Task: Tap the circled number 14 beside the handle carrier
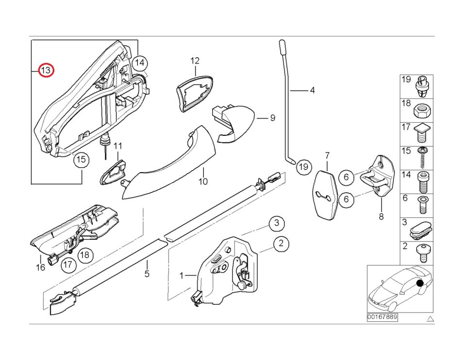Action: (140, 63)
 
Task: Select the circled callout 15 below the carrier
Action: (81, 160)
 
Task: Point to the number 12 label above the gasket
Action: (195, 61)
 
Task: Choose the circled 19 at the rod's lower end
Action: (303, 166)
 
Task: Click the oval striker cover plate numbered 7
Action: (326, 195)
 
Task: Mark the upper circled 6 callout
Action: (346, 177)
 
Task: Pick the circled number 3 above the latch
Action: (277, 223)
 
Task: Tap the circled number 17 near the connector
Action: (68, 264)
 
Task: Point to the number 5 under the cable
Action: (147, 274)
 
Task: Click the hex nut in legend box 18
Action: (423, 111)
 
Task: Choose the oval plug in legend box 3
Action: (421, 229)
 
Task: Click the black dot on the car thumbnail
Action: (420, 283)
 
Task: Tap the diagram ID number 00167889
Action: (382, 317)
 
